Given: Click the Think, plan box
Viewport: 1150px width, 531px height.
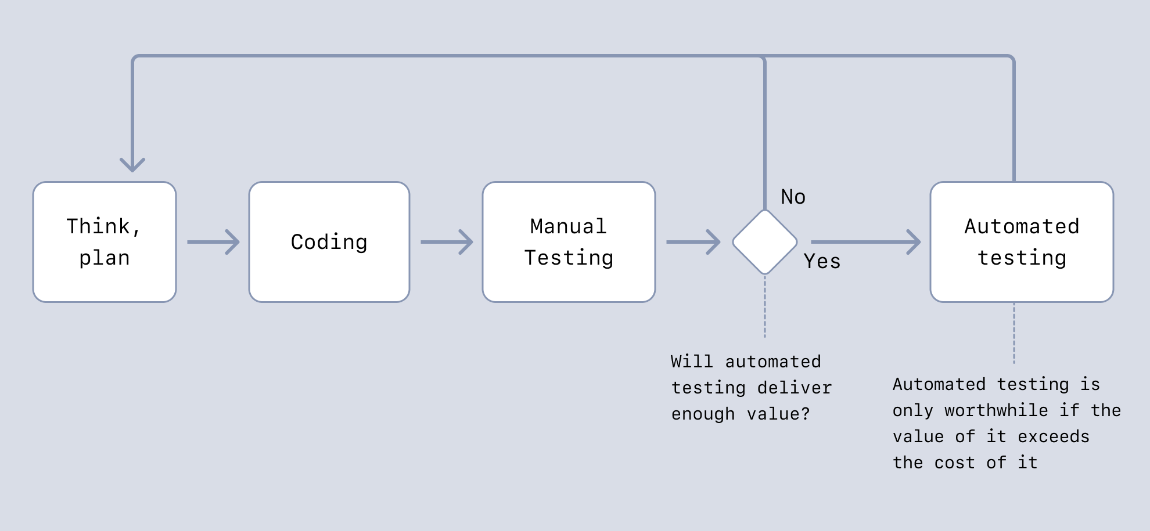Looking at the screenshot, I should coord(105,242).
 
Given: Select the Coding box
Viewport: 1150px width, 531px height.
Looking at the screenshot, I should coord(329,242).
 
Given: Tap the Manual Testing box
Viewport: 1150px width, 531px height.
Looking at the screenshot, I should coord(569,242).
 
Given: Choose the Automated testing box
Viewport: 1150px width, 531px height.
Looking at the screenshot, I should coord(1022,242).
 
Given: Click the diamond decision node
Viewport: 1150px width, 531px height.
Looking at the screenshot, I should coord(765,242).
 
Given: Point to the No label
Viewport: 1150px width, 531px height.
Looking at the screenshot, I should coord(793,197).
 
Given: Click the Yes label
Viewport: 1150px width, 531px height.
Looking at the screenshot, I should coord(822,262).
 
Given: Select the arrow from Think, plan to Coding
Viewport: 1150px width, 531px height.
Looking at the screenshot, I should coord(213,242).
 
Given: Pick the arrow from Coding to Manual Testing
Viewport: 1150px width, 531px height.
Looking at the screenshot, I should coord(447,242).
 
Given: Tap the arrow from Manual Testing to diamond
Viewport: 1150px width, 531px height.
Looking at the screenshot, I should coord(693,242).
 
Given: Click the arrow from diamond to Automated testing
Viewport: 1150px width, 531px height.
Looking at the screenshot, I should coord(865,242).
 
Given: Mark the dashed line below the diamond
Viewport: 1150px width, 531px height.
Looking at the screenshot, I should coord(765,308).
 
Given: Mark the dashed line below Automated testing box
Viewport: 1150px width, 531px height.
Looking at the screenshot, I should coord(1014,334).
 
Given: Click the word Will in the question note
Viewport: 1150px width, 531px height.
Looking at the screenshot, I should coord(691,362).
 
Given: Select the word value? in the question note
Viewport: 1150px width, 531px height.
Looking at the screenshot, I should coord(778,414).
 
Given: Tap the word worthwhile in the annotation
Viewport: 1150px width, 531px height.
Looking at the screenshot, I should coord(996,410).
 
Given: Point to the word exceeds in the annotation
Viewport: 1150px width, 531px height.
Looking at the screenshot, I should coord(1054,436).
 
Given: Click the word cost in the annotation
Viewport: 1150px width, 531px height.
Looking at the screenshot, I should coord(954,463).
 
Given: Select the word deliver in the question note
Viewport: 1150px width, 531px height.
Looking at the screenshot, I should coord(795,388).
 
